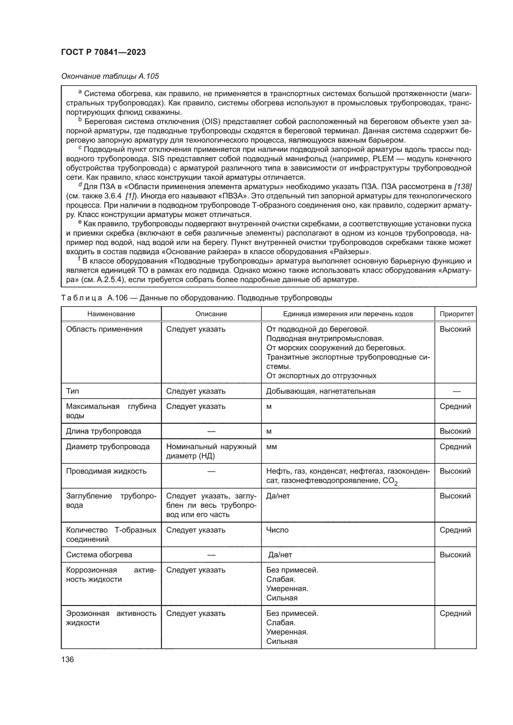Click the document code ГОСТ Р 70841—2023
[x=103, y=52]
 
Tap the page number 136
[x=67, y=659]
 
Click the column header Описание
[x=211, y=314]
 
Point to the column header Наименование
[x=111, y=314]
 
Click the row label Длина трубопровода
[x=104, y=431]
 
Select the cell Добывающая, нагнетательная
[x=321, y=391]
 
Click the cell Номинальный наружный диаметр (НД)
[x=211, y=451]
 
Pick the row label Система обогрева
[x=99, y=555]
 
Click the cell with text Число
[x=277, y=530]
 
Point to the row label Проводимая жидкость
[x=106, y=471]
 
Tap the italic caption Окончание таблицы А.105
[x=110, y=76]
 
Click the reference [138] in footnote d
[x=462, y=187]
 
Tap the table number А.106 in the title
[x=117, y=298]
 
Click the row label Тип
[x=73, y=391]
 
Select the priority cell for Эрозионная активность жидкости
[x=455, y=613]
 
